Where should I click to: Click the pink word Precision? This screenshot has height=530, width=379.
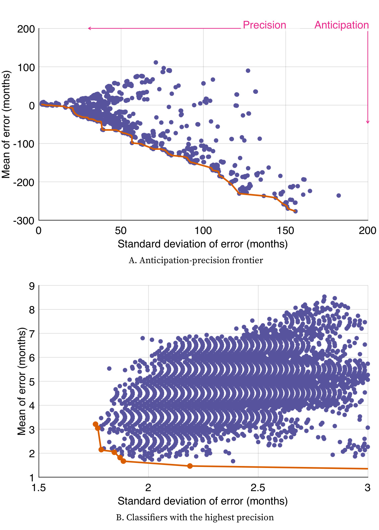click(x=264, y=25)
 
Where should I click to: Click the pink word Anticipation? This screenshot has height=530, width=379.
click(x=341, y=25)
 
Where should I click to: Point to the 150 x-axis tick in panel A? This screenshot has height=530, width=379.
click(x=285, y=231)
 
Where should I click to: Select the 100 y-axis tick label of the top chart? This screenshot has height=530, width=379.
click(x=26, y=67)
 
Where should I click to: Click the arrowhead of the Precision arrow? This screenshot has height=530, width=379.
click(x=89, y=28)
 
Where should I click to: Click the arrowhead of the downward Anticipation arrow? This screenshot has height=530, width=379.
click(x=368, y=122)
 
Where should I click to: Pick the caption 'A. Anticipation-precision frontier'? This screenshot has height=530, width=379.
click(x=196, y=260)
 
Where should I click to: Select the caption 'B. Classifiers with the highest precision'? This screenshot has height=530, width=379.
click(x=195, y=518)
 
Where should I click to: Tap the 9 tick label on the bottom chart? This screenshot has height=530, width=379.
click(x=32, y=286)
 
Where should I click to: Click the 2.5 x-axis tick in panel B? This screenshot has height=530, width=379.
click(x=258, y=488)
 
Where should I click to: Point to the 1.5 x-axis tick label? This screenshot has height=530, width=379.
click(x=39, y=488)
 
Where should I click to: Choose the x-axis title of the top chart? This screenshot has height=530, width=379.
click(x=202, y=244)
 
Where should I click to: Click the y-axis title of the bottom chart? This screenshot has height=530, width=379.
click(x=22, y=381)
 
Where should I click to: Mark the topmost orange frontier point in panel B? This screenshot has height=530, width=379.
click(x=96, y=424)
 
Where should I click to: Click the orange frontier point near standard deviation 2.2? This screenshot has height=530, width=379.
click(x=190, y=466)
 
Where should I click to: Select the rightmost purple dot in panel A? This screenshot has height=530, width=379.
click(x=338, y=195)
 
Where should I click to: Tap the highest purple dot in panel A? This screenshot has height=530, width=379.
click(x=156, y=63)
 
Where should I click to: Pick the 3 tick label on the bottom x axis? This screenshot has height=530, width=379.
click(x=368, y=488)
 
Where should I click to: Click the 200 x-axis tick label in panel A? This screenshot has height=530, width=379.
click(x=368, y=231)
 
